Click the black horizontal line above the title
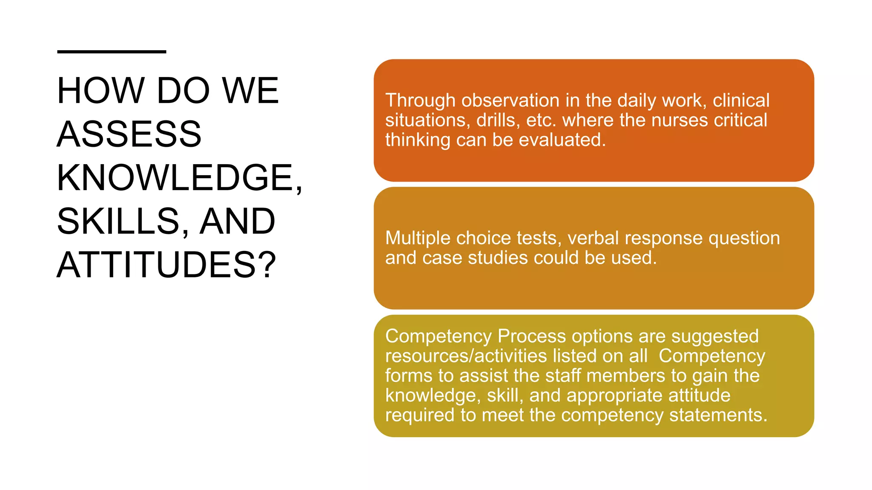112,52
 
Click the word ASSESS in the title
129,134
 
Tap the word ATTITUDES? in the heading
166,265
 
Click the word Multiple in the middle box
418,238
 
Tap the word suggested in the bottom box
715,336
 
